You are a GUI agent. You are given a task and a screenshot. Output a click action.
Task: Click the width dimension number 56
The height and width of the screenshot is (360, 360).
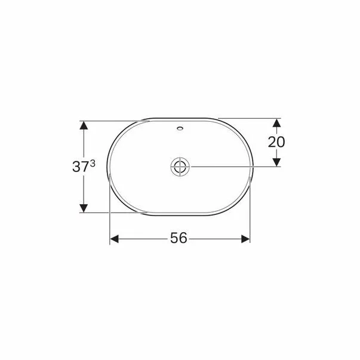(x=179, y=238)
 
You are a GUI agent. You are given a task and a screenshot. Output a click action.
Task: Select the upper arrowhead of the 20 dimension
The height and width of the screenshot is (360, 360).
(x=277, y=123)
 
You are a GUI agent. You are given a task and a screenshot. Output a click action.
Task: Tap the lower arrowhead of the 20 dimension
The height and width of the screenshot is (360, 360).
(x=277, y=162)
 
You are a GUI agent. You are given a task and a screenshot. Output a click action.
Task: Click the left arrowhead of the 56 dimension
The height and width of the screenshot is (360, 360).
(x=114, y=239)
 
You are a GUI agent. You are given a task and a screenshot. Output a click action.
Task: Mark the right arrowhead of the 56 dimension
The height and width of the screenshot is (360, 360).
(x=245, y=239)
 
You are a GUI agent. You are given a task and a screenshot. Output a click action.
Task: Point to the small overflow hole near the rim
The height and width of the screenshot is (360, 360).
(x=180, y=128)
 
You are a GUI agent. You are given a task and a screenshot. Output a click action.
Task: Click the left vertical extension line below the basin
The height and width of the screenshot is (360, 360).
(x=109, y=215)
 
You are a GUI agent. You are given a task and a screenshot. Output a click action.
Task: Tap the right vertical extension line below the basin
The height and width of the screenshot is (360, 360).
(x=250, y=215)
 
